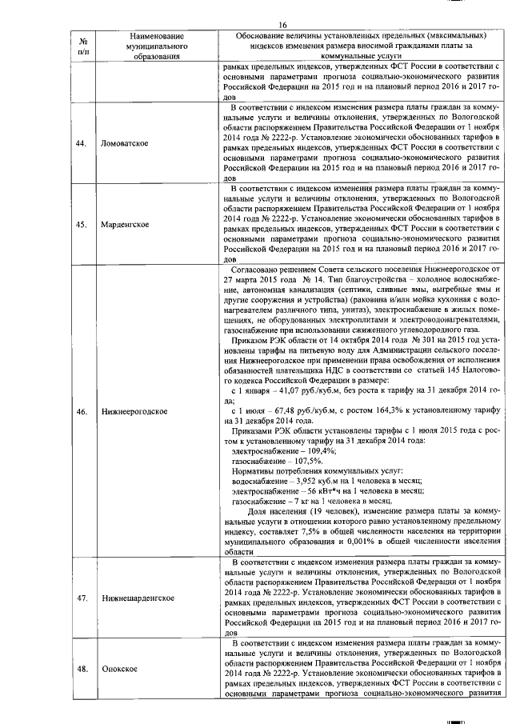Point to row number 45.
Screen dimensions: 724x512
click(82, 224)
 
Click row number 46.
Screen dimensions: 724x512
click(82, 411)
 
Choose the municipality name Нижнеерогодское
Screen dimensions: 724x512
click(134, 411)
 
